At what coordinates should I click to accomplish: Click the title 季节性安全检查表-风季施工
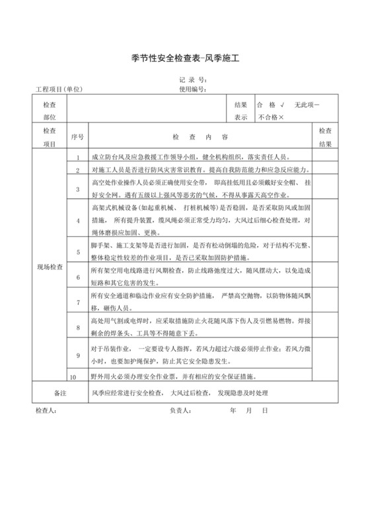pyautogui.click(x=184, y=59)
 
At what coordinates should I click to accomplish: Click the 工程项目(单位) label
pyautogui.click(x=59, y=89)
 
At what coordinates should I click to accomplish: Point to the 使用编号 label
pyautogui.click(x=194, y=89)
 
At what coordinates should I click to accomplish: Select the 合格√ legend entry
pyautogui.click(x=270, y=105)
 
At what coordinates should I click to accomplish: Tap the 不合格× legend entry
pyautogui.click(x=271, y=117)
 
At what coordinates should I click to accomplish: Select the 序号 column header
pyautogui.click(x=77, y=137)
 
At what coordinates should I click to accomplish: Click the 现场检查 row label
pyautogui.click(x=50, y=267)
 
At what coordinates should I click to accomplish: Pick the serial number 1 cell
pyautogui.click(x=77, y=157)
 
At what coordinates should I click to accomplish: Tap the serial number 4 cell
pyautogui.click(x=77, y=220)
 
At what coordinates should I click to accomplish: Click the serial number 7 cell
pyautogui.click(x=77, y=302)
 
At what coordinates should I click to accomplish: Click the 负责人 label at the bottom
pyautogui.click(x=180, y=411)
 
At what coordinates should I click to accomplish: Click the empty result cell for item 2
pyautogui.click(x=325, y=170)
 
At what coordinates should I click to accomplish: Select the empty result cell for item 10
pyautogui.click(x=325, y=376)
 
